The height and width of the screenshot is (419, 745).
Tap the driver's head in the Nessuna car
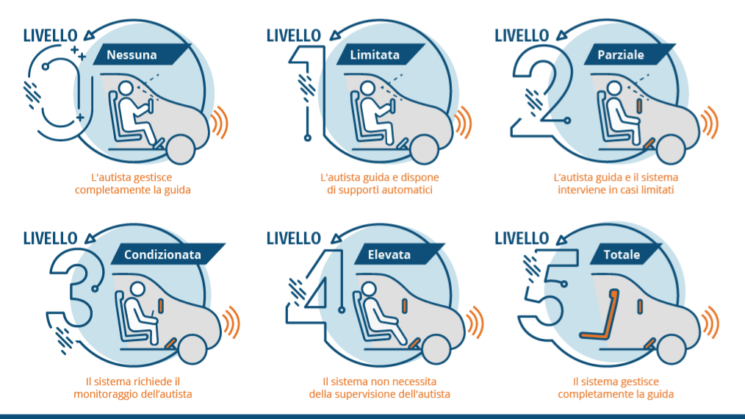(x=126, y=88)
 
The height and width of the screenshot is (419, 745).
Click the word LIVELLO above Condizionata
(x=51, y=238)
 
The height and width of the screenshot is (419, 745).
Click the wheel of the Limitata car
(x=423, y=149)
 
